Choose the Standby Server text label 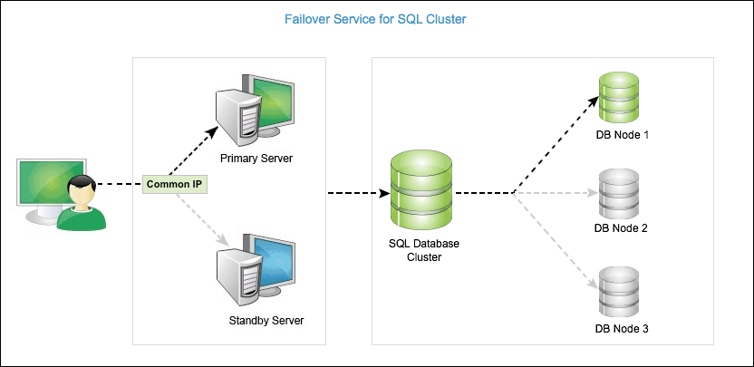[266, 321]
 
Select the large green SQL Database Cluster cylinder [420, 192]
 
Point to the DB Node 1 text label [621, 134]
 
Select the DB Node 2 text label [621, 228]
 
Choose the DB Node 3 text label [621, 328]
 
